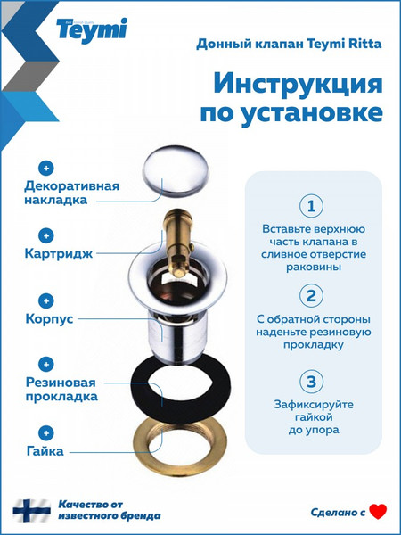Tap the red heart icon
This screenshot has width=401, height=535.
point(378,511)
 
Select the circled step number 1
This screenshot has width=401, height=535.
point(310,207)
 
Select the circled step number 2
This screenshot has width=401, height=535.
point(310,296)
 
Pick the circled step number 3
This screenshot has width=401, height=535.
point(310,383)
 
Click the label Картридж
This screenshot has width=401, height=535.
point(61,253)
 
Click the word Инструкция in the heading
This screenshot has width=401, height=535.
point(299,85)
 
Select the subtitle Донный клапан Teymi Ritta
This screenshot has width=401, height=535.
point(290,43)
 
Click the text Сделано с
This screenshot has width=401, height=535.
point(338,512)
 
